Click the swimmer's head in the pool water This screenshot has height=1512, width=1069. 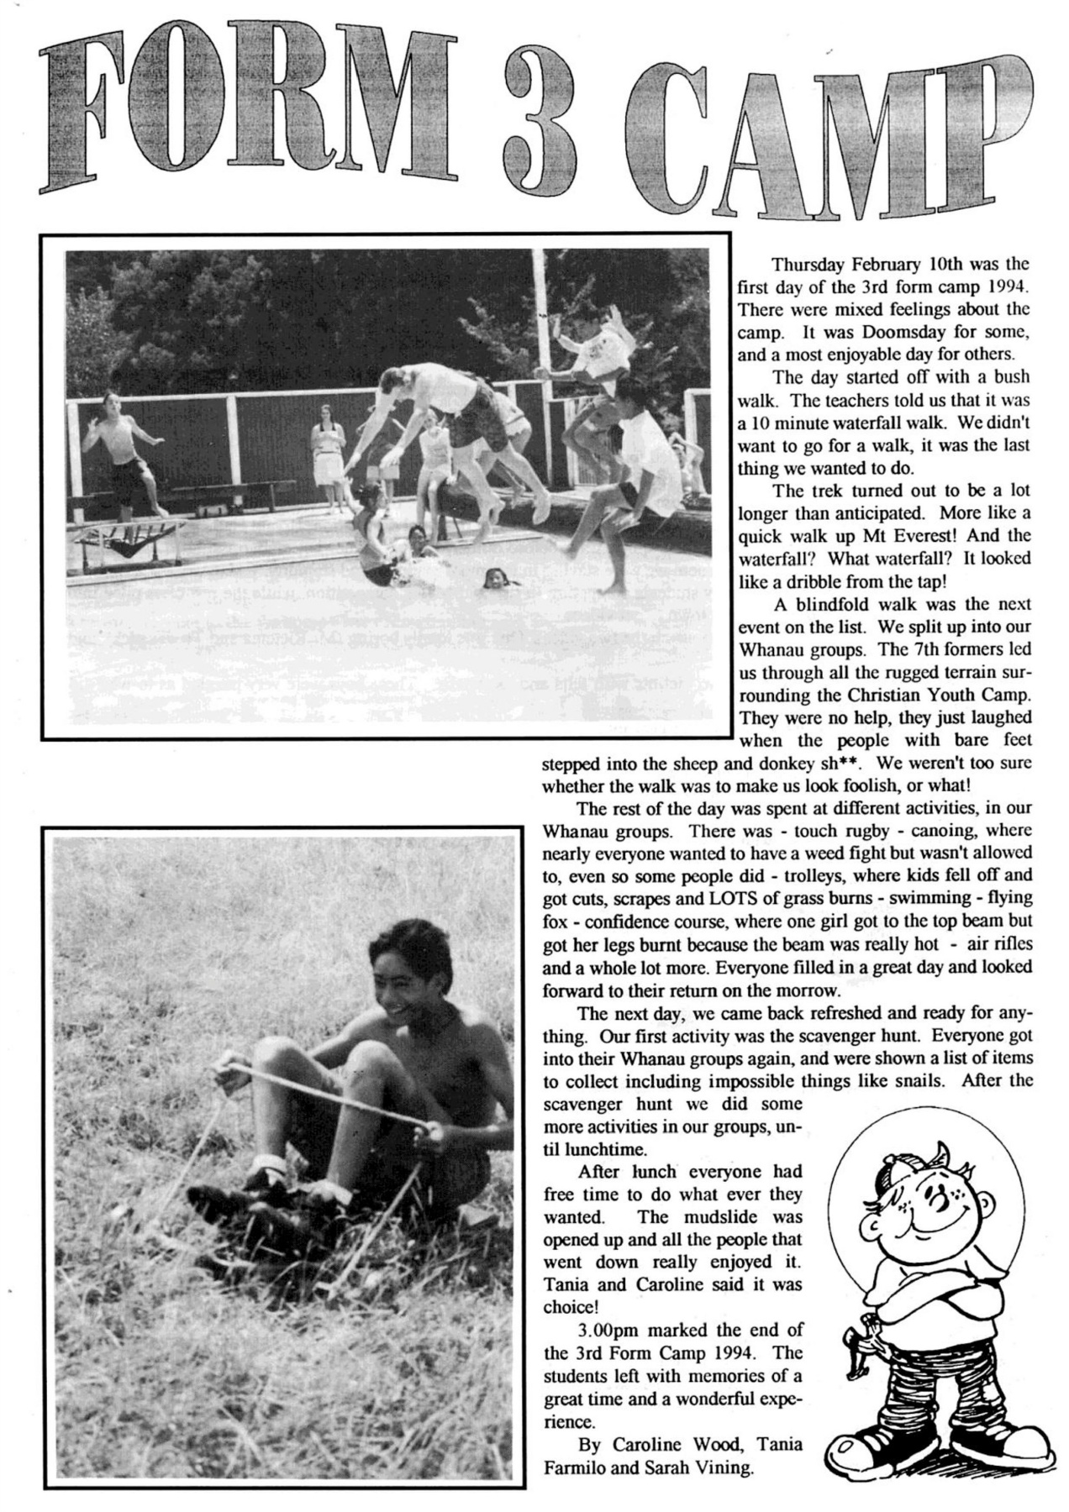[x=496, y=578]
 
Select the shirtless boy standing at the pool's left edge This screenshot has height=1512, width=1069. [x=126, y=449]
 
